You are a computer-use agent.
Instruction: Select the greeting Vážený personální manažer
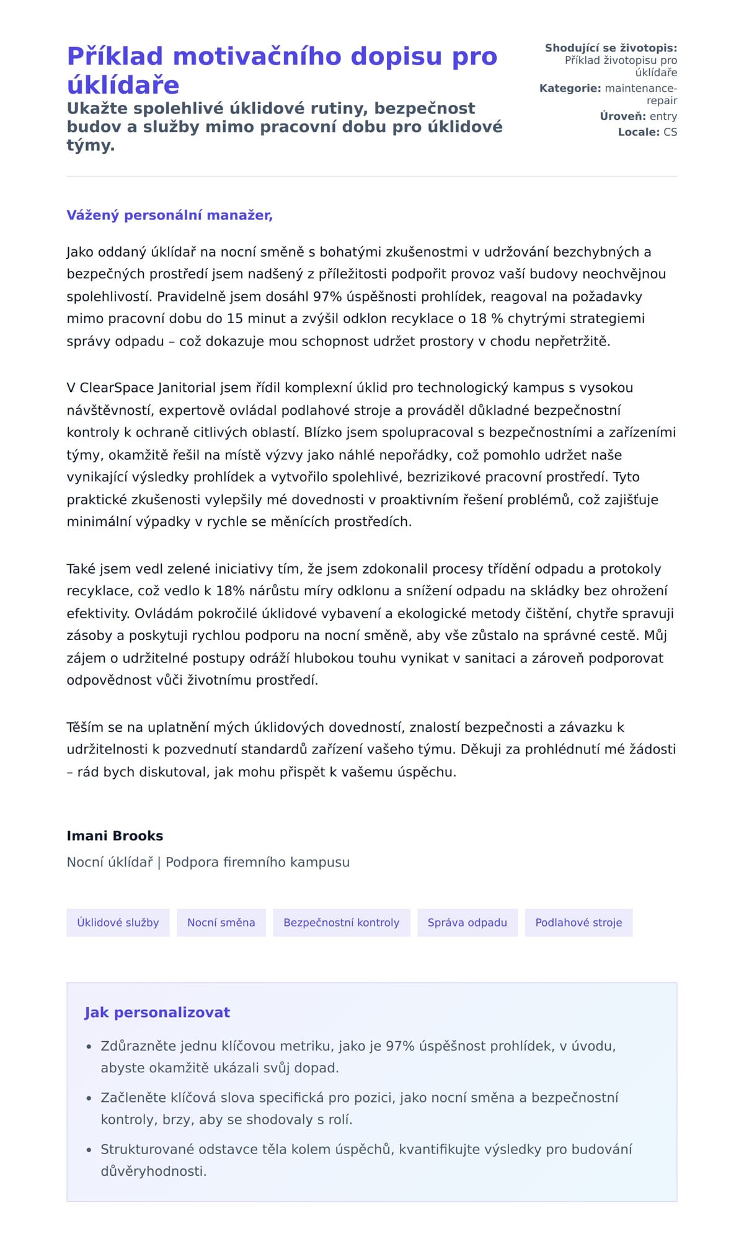pyautogui.click(x=169, y=215)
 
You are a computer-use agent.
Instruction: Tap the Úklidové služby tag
pyautogui.click(x=118, y=923)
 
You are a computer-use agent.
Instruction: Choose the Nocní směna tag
pyautogui.click(x=221, y=923)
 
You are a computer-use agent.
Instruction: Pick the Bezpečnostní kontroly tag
pyautogui.click(x=341, y=923)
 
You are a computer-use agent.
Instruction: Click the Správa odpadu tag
pyautogui.click(x=467, y=923)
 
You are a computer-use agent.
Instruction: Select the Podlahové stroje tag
pyautogui.click(x=578, y=923)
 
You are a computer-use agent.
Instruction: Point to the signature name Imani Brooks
pyautogui.click(x=115, y=836)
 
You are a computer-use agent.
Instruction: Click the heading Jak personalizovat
pyautogui.click(x=157, y=1013)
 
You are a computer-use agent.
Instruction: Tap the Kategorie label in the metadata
pyautogui.click(x=570, y=89)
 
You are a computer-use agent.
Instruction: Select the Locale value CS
pyautogui.click(x=670, y=132)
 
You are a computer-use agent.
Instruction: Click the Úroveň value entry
pyautogui.click(x=663, y=117)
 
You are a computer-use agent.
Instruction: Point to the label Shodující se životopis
pyautogui.click(x=611, y=48)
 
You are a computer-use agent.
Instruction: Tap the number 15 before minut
pyautogui.click(x=234, y=319)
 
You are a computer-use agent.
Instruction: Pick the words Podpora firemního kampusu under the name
pyautogui.click(x=257, y=863)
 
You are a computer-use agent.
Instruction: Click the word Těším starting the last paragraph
pyautogui.click(x=85, y=727)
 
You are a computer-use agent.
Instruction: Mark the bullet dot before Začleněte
pyautogui.click(x=89, y=1098)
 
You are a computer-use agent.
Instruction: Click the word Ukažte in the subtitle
pyautogui.click(x=97, y=109)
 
